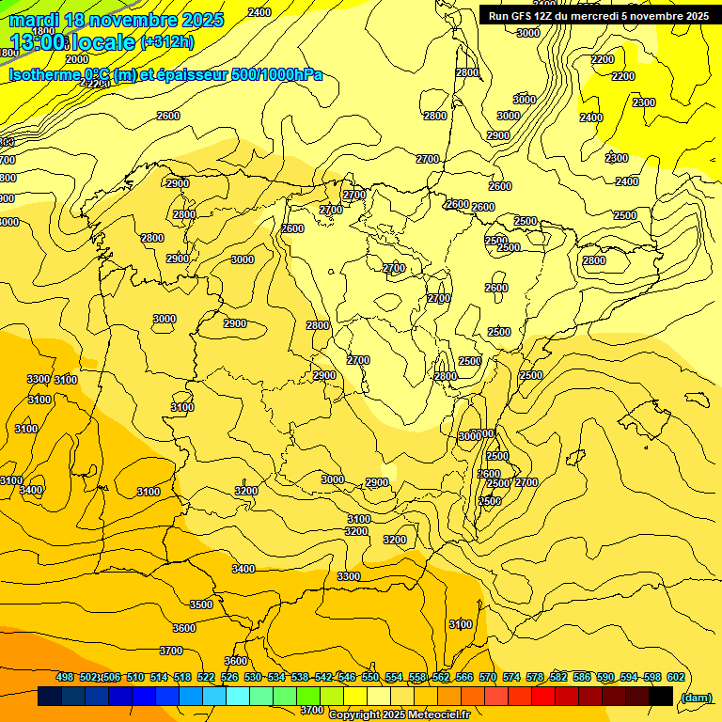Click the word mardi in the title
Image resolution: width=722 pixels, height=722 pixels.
pos(34,20)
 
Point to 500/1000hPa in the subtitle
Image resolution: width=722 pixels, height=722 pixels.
pos(276,75)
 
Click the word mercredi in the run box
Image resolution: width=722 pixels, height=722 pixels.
pos(618,16)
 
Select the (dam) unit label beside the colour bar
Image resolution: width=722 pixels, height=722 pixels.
pos(696,697)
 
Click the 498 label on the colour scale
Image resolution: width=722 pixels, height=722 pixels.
pos(65,678)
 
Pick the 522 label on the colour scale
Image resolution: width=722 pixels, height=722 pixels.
pos(206,678)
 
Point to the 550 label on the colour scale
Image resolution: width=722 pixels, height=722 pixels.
pos(370,678)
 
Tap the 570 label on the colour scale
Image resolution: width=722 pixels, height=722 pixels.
pos(488,678)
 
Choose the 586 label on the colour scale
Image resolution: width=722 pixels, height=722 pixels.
pos(582,678)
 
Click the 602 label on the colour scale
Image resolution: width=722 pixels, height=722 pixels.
pos(676,678)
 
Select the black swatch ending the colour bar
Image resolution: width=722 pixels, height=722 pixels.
pos(661,696)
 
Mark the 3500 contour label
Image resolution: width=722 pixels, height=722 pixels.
pos(201,604)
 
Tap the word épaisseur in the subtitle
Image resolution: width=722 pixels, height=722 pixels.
pos(182,75)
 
